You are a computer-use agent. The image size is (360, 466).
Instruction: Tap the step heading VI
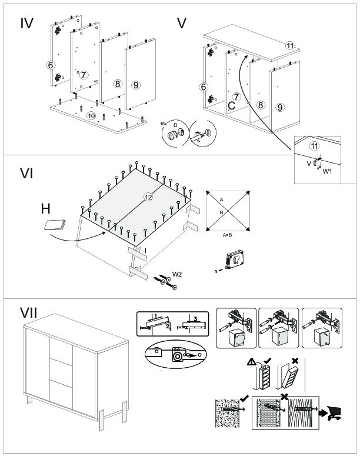tap(26, 174)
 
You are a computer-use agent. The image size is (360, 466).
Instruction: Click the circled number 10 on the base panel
tap(91, 116)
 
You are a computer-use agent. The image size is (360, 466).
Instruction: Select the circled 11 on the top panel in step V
tap(290, 46)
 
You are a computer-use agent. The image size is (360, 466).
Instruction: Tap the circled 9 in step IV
tap(135, 85)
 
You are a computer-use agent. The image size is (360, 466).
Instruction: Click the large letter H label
tap(46, 208)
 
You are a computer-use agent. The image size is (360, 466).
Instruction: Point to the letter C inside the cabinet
tap(232, 106)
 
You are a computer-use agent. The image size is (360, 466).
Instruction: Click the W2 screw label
tap(176, 274)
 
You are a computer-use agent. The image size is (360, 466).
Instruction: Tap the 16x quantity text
tap(163, 124)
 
